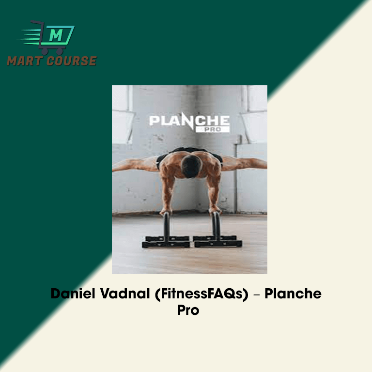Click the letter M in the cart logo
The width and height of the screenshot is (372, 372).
[56, 35]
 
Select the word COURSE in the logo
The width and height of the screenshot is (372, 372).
[72, 61]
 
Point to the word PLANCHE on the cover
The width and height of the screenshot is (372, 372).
[189, 121]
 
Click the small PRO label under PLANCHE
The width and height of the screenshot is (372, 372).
[213, 129]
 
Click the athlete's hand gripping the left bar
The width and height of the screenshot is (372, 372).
[166, 211]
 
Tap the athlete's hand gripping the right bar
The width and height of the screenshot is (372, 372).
[215, 210]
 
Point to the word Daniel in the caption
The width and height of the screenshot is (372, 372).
[73, 294]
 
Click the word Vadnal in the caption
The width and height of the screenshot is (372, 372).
[125, 294]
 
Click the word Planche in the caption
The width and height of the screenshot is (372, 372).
[293, 294]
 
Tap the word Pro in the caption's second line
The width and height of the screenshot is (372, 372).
[188, 310]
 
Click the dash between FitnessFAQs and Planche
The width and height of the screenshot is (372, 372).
[256, 295]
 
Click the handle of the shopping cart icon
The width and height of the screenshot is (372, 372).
[37, 23]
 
